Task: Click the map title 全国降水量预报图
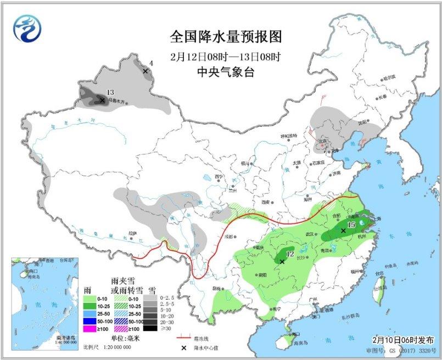coord(226,37)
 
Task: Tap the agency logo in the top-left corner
coord(28,28)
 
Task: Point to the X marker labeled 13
coord(102,100)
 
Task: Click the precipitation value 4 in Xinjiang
coord(151,64)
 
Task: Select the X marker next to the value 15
coord(343,231)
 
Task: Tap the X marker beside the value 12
coord(282,262)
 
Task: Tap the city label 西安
coord(266,203)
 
